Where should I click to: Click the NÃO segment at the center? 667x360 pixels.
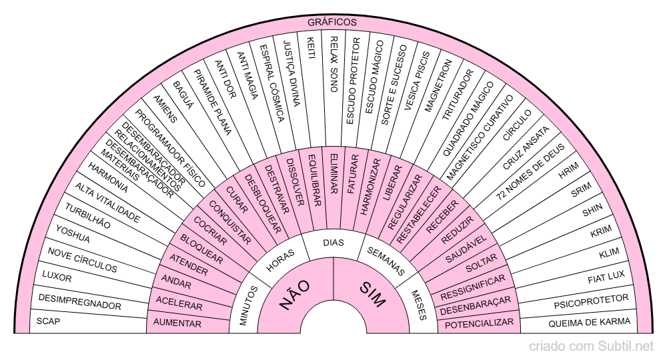pos(295,295)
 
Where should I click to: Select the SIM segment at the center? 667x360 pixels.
pos(372,295)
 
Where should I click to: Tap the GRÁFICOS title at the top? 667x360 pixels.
pos(332,22)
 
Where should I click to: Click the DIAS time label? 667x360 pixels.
pos(333,243)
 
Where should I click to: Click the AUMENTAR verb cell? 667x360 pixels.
pos(177,323)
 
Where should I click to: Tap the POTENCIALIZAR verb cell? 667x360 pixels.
pos(480,323)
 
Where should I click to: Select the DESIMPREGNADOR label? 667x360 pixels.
pos(80,301)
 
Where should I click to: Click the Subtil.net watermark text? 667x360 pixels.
pos(591,347)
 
